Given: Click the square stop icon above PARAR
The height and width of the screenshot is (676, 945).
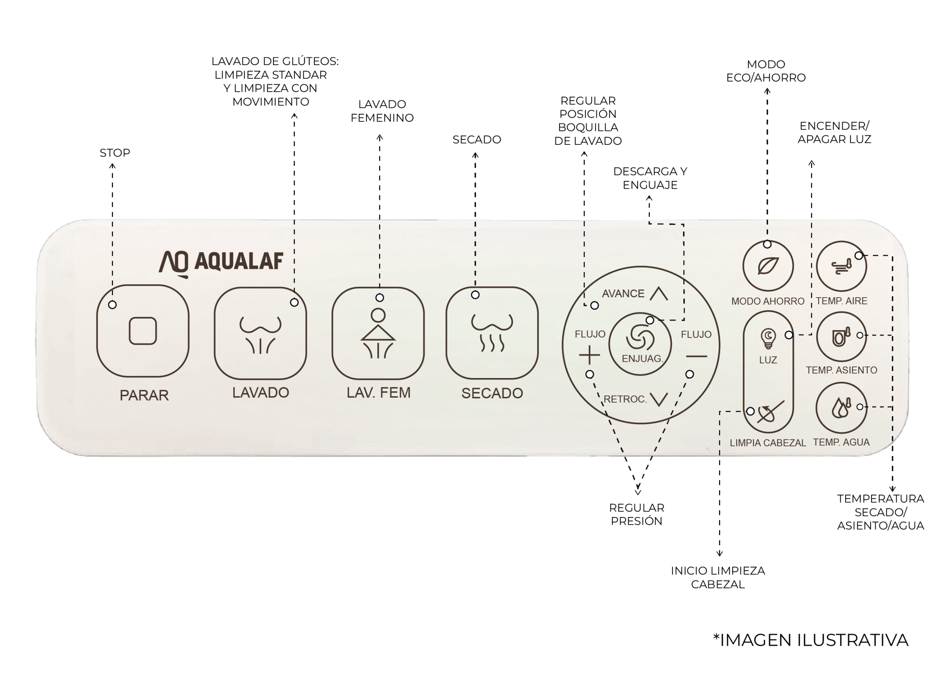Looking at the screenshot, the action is [x=143, y=331].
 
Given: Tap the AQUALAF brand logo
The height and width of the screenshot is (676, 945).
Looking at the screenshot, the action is [x=220, y=263].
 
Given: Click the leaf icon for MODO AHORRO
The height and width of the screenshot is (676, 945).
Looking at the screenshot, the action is [x=768, y=265].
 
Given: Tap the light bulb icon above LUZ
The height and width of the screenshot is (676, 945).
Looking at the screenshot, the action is [x=768, y=338].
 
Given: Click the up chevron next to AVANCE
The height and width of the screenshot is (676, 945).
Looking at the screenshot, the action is [x=659, y=294].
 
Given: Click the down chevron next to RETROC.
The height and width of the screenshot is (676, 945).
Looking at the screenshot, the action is [x=659, y=399].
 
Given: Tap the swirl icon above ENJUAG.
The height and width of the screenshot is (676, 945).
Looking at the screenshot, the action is [x=640, y=337].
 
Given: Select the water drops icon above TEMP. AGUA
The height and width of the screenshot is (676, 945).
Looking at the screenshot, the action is [x=841, y=408].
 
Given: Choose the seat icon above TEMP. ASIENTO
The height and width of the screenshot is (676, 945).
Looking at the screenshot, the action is [x=841, y=337].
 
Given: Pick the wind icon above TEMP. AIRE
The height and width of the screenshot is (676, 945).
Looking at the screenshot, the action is [x=841, y=267].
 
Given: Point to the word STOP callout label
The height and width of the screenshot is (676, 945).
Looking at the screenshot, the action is [x=115, y=153].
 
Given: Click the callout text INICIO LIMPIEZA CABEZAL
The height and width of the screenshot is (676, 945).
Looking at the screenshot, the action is [x=718, y=577].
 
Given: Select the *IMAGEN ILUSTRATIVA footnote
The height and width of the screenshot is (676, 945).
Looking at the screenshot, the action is [x=811, y=640].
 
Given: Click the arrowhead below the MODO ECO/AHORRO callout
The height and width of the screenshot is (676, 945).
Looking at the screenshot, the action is [x=767, y=91].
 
